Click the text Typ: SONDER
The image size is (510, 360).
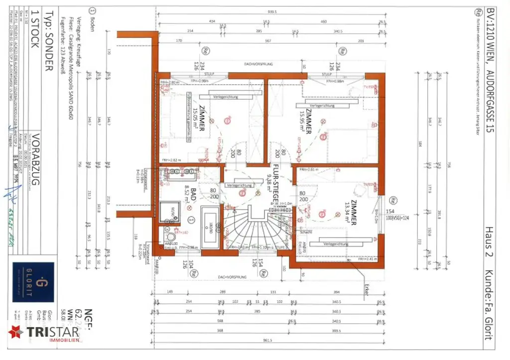pos(48,40)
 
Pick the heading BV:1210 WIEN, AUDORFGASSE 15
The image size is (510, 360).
pos(490,70)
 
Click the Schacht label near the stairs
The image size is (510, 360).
pos(306,233)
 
